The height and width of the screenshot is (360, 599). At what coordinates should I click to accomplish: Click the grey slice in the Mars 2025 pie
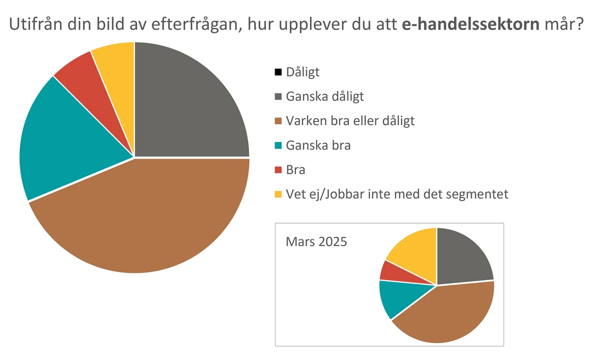pos(462,257)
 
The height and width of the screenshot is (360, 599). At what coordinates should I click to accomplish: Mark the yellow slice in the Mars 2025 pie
pos(414,250)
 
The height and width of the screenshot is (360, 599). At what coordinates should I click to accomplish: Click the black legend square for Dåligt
pos(279,72)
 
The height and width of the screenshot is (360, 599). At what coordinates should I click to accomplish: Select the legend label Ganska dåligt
pos(324,96)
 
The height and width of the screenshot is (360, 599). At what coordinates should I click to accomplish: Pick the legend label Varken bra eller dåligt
pos(350,121)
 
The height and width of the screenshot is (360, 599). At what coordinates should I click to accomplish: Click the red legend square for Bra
pos(279,170)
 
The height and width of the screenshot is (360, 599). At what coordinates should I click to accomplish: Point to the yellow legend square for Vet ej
pos(279,194)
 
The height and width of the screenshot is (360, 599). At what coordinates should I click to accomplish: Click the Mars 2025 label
pos(316,242)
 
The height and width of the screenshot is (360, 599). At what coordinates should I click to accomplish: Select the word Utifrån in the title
pos(38,24)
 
